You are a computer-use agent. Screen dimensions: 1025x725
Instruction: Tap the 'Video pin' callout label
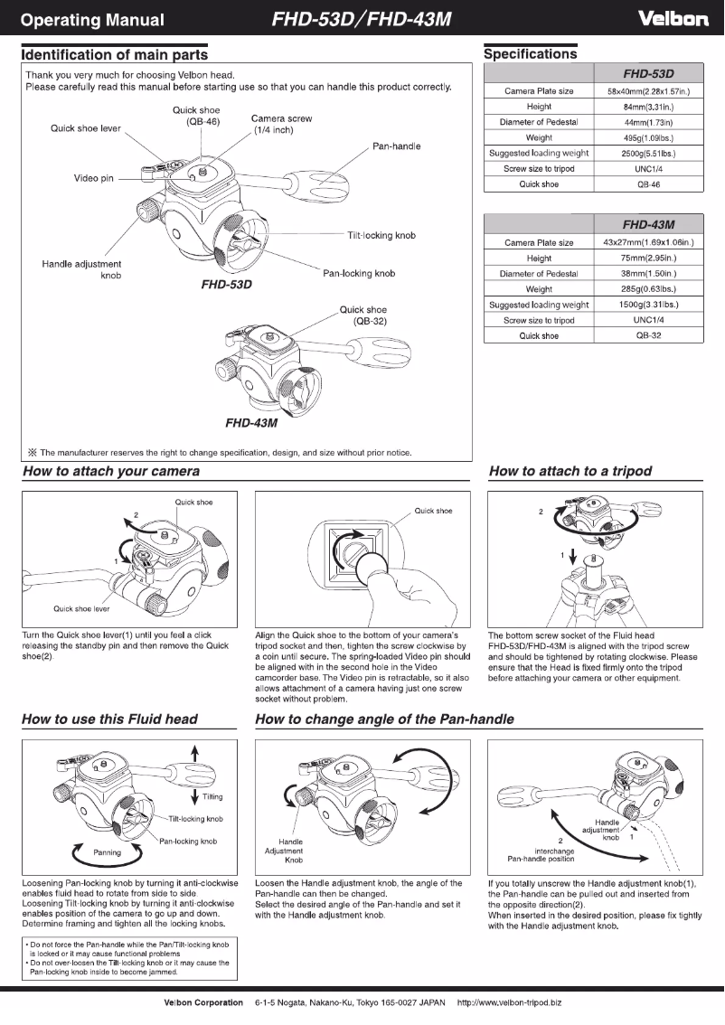[x=94, y=177]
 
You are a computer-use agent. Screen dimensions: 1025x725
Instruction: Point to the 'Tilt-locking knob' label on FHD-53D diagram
[x=381, y=236]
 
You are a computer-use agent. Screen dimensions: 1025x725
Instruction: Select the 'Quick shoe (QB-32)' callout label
[x=362, y=315]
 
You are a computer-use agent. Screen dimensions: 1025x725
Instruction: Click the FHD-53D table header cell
[x=649, y=75]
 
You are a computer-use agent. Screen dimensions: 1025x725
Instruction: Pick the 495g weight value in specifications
[x=649, y=137]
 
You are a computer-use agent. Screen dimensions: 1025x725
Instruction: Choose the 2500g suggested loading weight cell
[x=649, y=153]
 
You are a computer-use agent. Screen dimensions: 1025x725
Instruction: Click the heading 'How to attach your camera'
[x=111, y=471]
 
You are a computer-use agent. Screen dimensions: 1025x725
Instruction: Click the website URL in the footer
[x=510, y=1002]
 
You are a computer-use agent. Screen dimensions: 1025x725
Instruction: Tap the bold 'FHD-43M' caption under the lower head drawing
[x=250, y=422]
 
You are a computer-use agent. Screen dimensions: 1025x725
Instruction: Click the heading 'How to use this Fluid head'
[x=109, y=719]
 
